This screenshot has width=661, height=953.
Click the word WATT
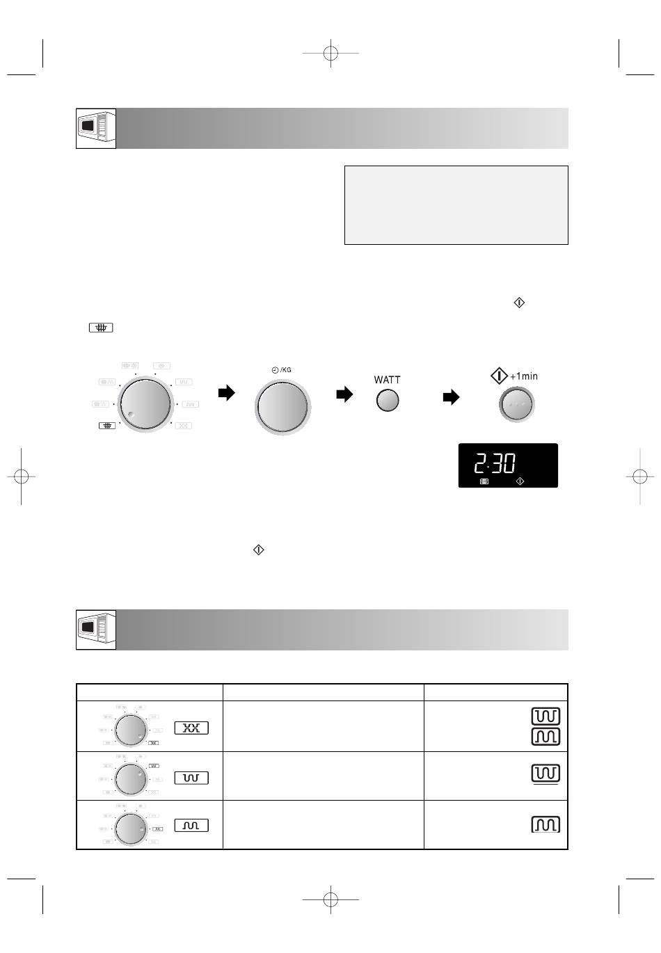point(386,380)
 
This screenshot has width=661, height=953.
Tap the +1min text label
point(523,376)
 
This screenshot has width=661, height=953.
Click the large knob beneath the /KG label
point(282,407)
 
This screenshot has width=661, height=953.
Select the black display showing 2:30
point(508,465)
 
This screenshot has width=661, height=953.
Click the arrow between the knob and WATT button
point(344,394)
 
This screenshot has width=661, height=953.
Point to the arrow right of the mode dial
point(226,393)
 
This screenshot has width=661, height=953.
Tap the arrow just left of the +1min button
point(451,397)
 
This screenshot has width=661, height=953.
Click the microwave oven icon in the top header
point(96,129)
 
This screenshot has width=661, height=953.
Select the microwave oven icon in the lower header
point(96,630)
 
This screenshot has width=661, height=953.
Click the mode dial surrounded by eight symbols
point(145,404)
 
